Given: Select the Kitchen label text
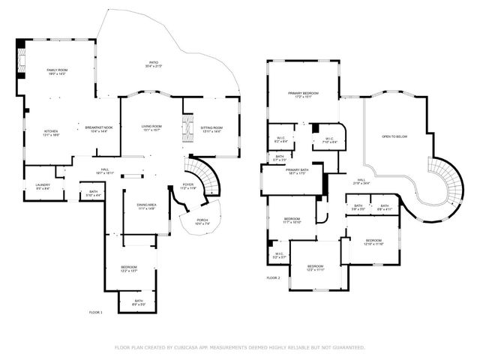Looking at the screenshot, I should [51, 132].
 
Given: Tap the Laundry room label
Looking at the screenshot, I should [33, 186].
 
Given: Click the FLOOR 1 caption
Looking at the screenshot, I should [95, 311].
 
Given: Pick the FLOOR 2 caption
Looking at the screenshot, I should [273, 277].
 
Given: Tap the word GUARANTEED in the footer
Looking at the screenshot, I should [348, 347].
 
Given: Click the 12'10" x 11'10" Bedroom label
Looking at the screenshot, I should [373, 243].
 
